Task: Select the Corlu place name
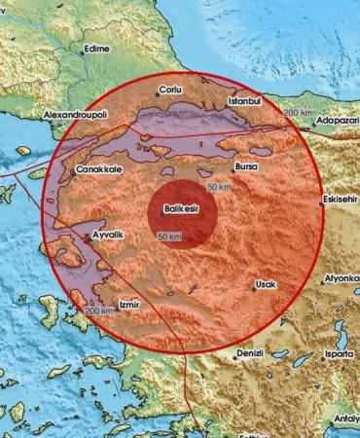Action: pos(170,91)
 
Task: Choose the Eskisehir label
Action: pos(341,203)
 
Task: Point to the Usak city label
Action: pos(265,285)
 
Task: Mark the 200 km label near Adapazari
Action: pos(298,114)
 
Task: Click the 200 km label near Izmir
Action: pos(99,310)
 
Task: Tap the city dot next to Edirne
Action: pos(82,53)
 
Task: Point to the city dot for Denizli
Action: pos(234,355)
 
